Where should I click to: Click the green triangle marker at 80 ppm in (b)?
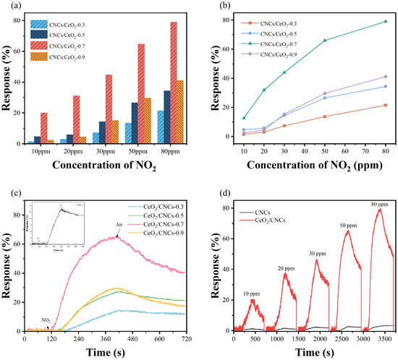tap(373, 22)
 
